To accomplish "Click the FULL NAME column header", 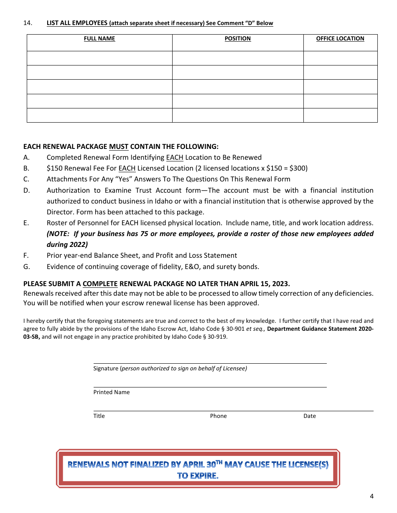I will [x=99, y=39].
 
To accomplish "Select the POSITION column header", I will [x=237, y=39].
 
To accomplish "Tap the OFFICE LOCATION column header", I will [x=340, y=39].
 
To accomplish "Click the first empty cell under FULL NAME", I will [x=99, y=58].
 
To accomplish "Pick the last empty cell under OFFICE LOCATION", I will [x=340, y=115].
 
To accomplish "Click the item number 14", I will [x=28, y=23].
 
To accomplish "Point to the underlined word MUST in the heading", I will [x=119, y=147].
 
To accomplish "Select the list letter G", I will [x=26, y=267].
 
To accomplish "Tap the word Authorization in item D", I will [x=68, y=190].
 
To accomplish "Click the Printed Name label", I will [x=112, y=392].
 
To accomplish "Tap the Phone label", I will [x=218, y=416].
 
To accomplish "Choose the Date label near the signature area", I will [x=310, y=416].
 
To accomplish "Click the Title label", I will [x=99, y=416].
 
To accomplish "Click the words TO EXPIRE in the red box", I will [x=198, y=476].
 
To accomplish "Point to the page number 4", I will [x=372, y=496].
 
